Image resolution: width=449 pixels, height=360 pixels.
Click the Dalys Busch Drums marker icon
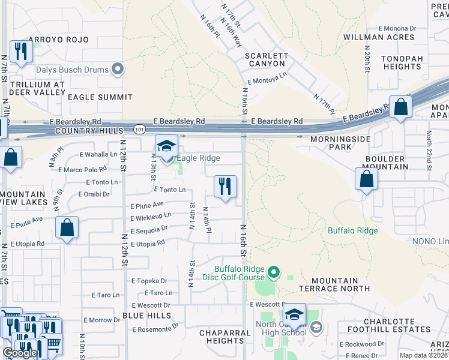click(118, 70)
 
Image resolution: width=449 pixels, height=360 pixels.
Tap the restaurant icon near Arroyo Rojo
click(22, 52)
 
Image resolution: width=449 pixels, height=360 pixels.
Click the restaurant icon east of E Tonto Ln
click(225, 187)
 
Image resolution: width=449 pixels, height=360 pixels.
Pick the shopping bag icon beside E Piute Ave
click(67, 228)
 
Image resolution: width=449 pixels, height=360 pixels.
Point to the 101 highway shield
click(139, 129)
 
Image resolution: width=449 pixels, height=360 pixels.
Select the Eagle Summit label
click(100, 97)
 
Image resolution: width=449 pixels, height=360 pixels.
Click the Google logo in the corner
click(20, 353)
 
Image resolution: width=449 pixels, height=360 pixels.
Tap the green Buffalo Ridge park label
click(352, 230)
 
